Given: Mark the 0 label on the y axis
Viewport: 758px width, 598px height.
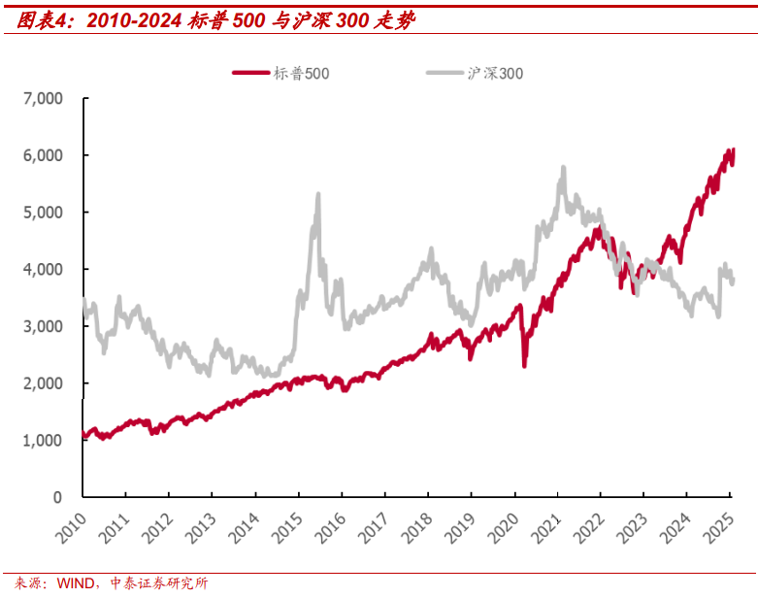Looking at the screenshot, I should (x=58, y=497).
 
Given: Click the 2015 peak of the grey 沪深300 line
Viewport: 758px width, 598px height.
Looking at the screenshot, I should (x=317, y=195).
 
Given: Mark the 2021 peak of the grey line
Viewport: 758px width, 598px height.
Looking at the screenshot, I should (x=563, y=168).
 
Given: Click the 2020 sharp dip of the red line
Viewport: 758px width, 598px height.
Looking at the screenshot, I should (x=524, y=365).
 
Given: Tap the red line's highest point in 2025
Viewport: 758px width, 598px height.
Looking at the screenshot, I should (x=733, y=149).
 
